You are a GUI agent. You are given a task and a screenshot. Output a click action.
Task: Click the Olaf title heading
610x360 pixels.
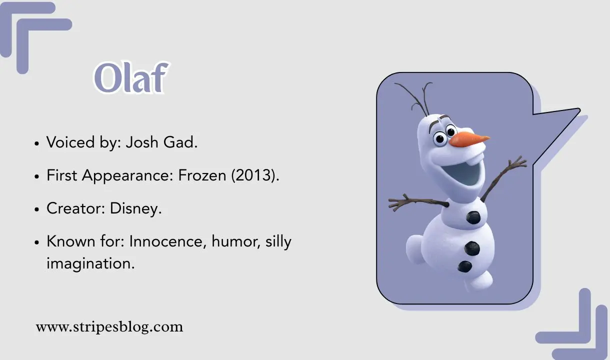click(129, 78)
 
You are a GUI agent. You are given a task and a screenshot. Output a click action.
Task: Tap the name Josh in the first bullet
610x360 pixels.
click(141, 142)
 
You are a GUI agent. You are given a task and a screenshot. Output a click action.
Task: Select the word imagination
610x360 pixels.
click(90, 263)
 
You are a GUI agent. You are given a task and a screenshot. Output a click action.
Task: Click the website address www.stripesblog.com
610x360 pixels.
click(109, 327)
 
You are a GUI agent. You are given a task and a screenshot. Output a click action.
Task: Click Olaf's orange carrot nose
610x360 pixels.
click(467, 138)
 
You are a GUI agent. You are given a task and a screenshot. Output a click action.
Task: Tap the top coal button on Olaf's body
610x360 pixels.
click(473, 217)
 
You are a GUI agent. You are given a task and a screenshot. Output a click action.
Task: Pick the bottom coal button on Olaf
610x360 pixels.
click(465, 266)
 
